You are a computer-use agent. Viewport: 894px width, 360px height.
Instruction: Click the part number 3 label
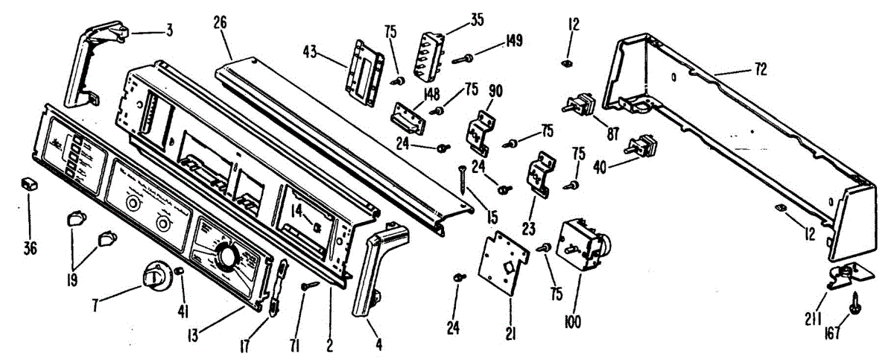point(171,31)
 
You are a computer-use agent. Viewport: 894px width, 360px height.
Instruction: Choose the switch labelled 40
point(641,146)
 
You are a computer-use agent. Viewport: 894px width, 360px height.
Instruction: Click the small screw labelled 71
point(309,285)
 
